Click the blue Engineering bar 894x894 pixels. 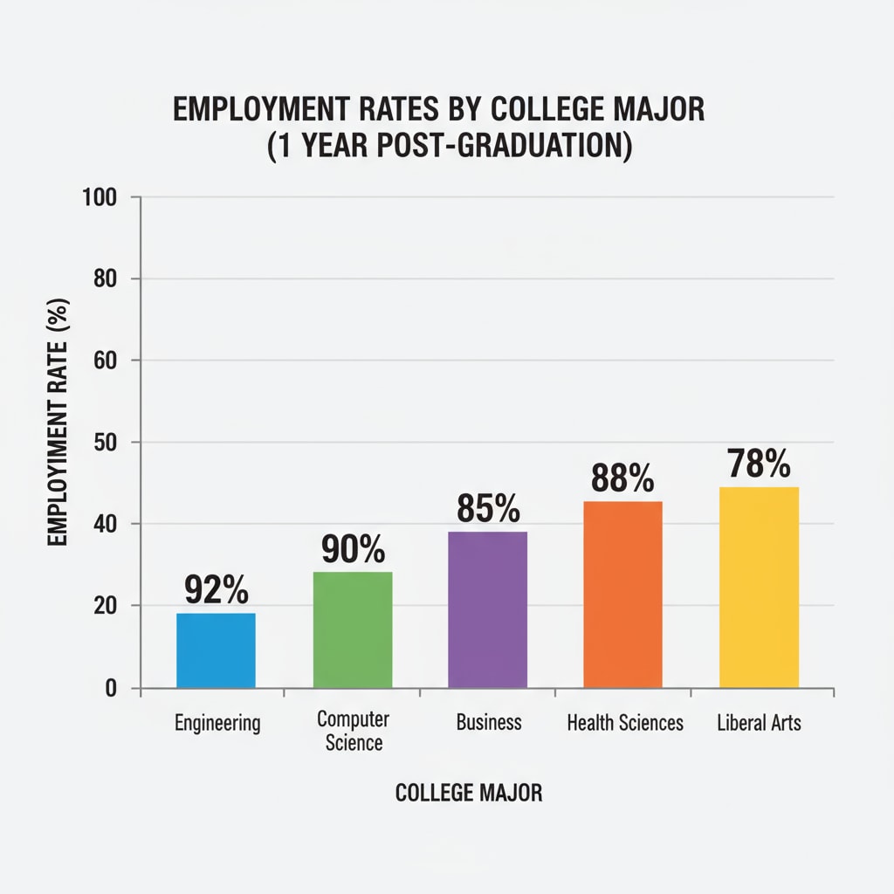[x=216, y=650]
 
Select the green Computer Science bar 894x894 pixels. [x=352, y=629]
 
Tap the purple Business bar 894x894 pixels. [x=487, y=609]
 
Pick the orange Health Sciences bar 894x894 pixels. [x=622, y=595]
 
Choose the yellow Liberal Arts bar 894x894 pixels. [x=759, y=587]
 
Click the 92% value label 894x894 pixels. [x=217, y=590]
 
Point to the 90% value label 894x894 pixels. [x=353, y=549]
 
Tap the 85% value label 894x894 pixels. [x=488, y=508]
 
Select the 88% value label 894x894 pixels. [x=622, y=478]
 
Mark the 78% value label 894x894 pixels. [x=759, y=464]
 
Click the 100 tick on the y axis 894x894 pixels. [x=99, y=197]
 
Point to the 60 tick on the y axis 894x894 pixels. [x=104, y=361]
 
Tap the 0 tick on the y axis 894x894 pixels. [x=111, y=689]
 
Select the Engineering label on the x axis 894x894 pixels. [x=217, y=723]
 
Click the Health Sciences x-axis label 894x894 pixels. [x=625, y=723]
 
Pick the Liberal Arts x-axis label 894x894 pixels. [x=759, y=723]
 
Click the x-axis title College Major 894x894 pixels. [x=469, y=793]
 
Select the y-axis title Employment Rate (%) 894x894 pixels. [x=58, y=423]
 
